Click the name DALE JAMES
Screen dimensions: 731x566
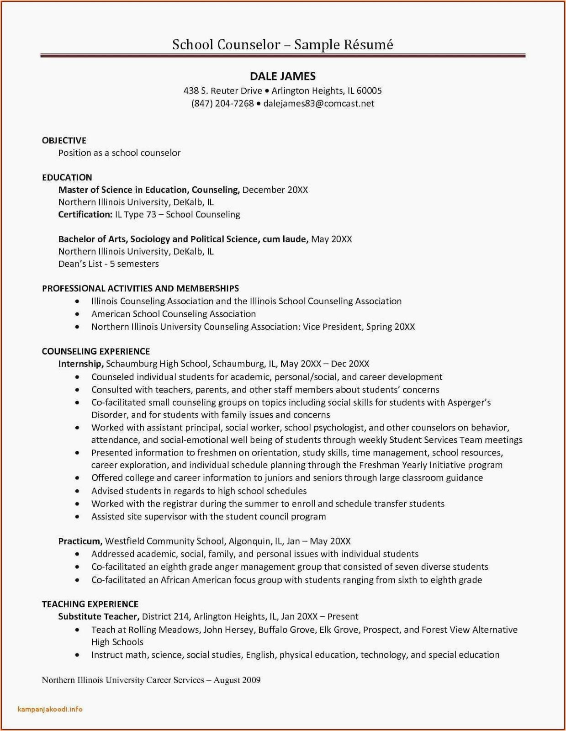point(283,76)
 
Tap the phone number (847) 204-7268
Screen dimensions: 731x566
point(222,104)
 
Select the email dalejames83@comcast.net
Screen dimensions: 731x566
point(319,104)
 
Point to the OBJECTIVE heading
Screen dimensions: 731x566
point(64,141)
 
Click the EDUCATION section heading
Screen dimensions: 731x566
point(67,178)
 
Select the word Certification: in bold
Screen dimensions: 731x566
point(85,215)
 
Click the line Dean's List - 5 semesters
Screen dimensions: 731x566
point(108,264)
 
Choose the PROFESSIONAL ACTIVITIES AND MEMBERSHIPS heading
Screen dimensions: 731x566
point(140,289)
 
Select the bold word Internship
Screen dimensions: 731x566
point(80,364)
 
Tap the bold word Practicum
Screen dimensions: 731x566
point(79,541)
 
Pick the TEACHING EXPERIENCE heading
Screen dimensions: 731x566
point(90,604)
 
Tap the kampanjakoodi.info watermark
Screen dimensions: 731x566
point(50,710)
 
